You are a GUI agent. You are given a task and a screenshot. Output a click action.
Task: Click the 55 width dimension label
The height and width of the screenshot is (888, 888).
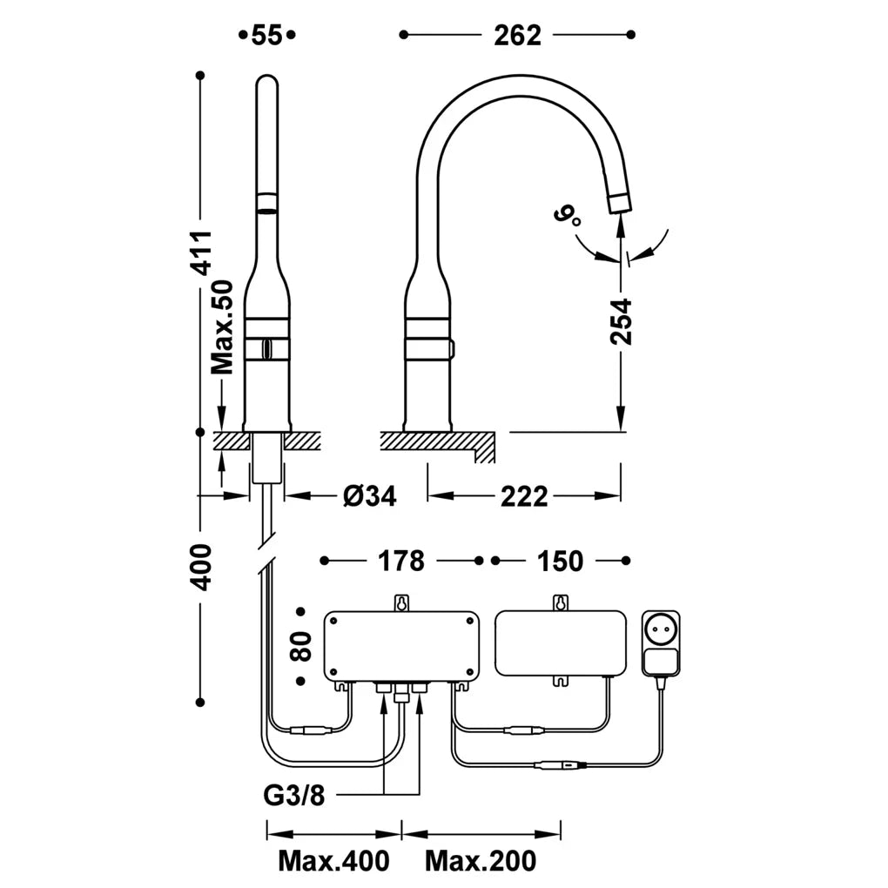pos(266,35)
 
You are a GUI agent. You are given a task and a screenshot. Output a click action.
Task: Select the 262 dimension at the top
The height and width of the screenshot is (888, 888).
pos(517,36)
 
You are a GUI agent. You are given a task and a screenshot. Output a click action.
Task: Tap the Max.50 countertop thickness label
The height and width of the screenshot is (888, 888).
pos(223,326)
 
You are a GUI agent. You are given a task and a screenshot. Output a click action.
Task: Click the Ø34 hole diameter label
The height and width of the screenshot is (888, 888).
pos(370,496)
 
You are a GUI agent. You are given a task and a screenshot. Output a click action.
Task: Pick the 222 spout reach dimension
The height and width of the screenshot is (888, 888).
pos(524,496)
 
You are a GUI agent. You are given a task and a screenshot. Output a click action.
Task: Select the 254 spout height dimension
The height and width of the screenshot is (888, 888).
pos(621,321)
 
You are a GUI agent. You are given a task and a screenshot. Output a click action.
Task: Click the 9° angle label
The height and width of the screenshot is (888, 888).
pos(568,216)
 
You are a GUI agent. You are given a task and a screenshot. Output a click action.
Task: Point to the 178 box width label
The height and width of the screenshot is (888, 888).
pos(401,561)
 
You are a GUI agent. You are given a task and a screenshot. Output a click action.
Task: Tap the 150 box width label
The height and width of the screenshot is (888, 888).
pos(560,561)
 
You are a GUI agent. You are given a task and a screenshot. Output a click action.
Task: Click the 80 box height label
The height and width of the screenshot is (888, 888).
pos(301,647)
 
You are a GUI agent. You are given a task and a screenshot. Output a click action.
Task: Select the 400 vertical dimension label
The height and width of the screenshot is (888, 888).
pos(202,568)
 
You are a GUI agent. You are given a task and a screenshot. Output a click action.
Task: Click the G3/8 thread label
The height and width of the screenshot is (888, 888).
pos(294,795)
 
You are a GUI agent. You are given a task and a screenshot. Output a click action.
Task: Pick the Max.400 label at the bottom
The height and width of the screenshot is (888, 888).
pos(333,861)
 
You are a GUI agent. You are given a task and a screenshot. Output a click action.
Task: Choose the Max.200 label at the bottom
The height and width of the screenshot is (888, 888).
pos(481,861)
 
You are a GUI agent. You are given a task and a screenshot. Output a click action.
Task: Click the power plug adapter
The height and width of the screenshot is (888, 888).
pos(660,643)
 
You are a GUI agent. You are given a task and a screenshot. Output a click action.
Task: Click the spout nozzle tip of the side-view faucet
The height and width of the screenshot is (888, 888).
pos(621,203)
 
